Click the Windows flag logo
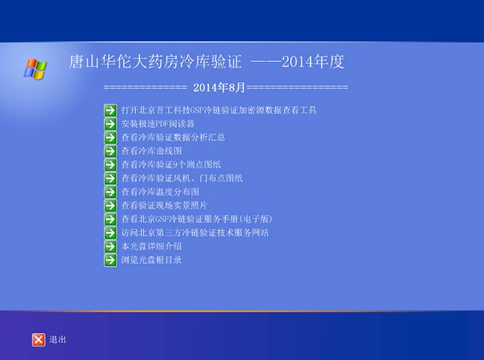[35, 68]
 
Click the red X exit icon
[38, 339]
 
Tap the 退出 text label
[58, 339]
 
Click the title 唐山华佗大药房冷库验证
[155, 61]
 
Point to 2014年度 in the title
[312, 61]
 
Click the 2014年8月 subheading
[219, 88]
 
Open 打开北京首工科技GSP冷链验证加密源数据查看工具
[219, 110]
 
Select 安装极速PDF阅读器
[158, 124]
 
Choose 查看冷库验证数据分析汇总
[173, 137]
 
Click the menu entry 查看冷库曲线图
[151, 151]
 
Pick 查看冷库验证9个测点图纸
[171, 164]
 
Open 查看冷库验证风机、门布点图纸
[181, 178]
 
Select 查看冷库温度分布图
[160, 191]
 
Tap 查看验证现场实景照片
[164, 205]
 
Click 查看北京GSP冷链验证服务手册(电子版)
[197, 219]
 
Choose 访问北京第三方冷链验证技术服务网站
[195, 233]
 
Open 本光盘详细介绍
[151, 246]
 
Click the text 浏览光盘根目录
[151, 260]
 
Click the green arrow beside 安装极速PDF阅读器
[110, 124]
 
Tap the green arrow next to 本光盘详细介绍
[110, 246]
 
